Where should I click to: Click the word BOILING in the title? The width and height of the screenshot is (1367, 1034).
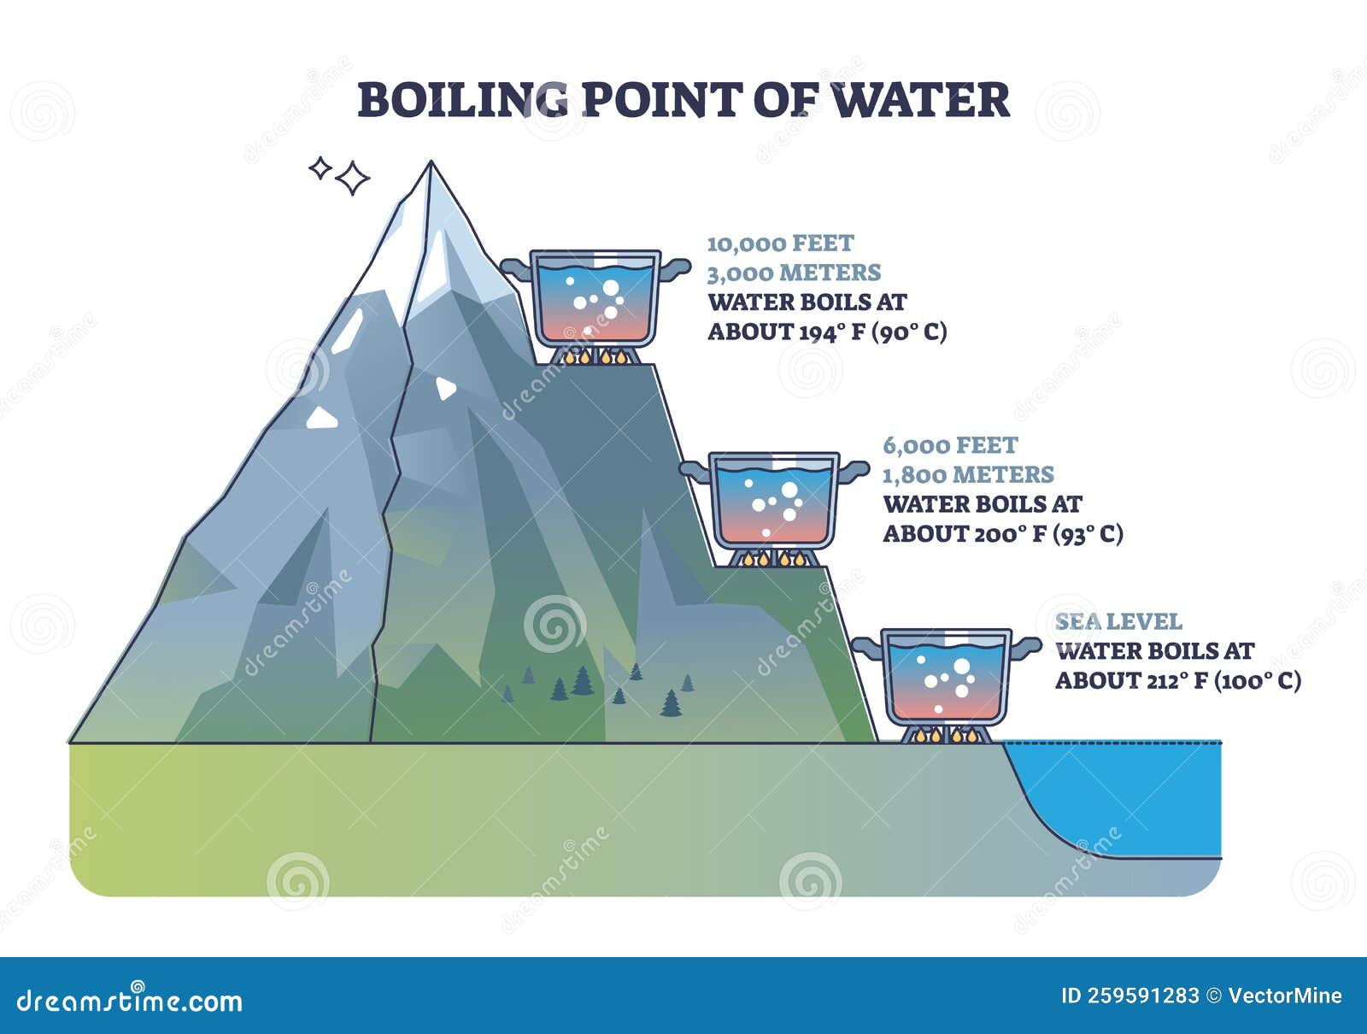pos(463,100)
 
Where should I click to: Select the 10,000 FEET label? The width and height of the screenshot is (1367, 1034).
pos(780,244)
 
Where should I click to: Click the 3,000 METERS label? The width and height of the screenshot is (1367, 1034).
pos(794,273)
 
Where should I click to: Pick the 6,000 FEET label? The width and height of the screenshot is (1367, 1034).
pos(950,445)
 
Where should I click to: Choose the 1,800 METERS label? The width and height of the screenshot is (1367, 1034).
pos(968,474)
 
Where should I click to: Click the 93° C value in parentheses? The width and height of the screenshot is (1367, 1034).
pos(1088,534)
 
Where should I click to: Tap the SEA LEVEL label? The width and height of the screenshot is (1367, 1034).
pos(1118,621)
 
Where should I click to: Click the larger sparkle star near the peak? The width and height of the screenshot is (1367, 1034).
pos(353,178)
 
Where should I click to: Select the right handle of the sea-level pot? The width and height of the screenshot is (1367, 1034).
pos(1025,647)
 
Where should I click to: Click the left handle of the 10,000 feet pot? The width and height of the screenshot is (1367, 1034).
pos(517,267)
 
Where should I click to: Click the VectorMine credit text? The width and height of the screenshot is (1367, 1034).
pos(1285,996)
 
